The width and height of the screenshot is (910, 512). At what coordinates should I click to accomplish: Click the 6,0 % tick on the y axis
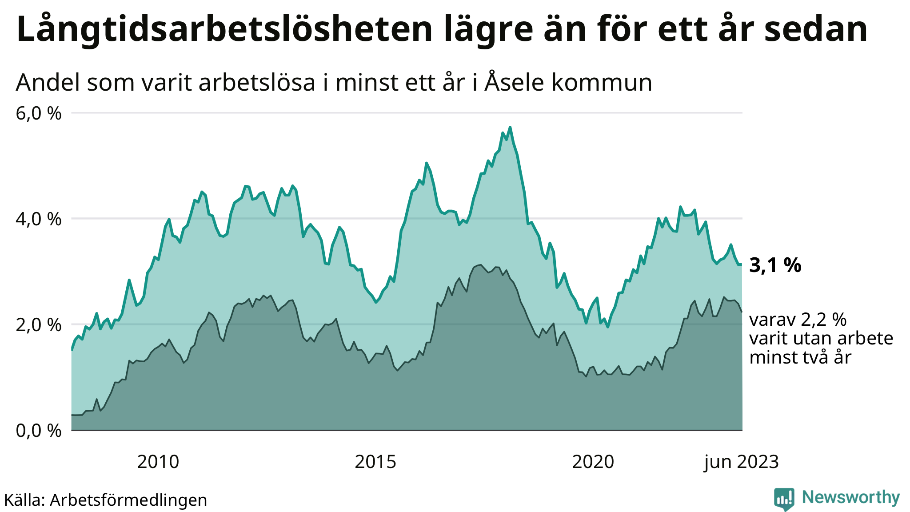[39, 114]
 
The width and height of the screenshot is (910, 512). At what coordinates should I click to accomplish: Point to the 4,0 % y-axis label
[39, 219]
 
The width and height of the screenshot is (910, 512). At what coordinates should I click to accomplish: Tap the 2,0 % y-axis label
[39, 325]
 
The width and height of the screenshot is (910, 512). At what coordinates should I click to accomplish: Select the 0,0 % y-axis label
[39, 431]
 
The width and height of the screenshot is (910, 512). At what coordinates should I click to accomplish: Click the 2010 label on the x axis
[158, 462]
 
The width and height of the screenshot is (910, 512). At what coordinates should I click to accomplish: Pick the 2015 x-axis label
[375, 462]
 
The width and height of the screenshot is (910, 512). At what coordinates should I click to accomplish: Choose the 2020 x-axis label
[593, 462]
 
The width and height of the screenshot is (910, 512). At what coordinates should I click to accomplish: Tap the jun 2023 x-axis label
[741, 462]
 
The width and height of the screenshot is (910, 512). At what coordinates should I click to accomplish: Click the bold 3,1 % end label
[775, 265]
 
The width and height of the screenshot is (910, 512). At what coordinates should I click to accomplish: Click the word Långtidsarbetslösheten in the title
[224, 29]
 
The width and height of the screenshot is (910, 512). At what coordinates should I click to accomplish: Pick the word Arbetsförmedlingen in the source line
[128, 500]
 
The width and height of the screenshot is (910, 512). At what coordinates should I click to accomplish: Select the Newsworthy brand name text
[850, 497]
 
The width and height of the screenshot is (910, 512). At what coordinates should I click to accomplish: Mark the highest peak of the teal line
[510, 127]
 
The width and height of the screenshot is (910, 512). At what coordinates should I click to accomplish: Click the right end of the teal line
[741, 264]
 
